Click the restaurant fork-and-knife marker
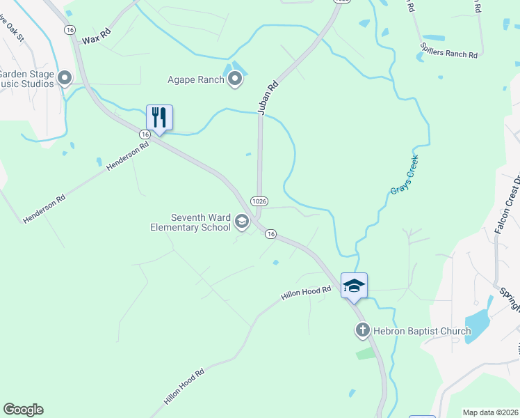click(x=159, y=118)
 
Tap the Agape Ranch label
click(x=196, y=79)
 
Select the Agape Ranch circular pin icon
click(x=235, y=79)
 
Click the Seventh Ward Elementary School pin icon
click(x=242, y=222)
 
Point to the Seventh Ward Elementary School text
click(x=191, y=222)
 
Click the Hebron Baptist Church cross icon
click(x=362, y=331)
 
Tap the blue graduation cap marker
click(x=354, y=286)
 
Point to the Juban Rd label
click(x=267, y=97)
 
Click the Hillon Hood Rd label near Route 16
click(x=305, y=293)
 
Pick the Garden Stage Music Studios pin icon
click(x=65, y=77)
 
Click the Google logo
click(x=23, y=410)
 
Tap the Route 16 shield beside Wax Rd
click(x=69, y=29)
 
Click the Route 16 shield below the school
click(x=271, y=235)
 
